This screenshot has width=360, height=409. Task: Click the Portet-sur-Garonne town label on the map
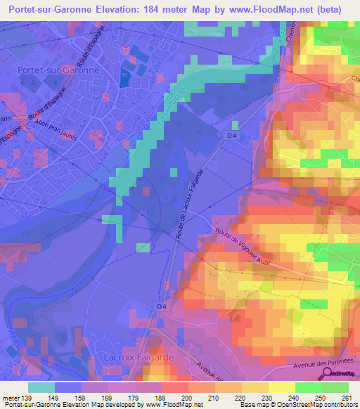[58, 71]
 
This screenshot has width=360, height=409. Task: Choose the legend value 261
[345, 398]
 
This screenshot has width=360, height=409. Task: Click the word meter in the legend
[11, 398]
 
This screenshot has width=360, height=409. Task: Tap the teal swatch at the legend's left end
[41, 387]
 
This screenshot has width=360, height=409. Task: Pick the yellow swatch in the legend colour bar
[281, 387]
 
